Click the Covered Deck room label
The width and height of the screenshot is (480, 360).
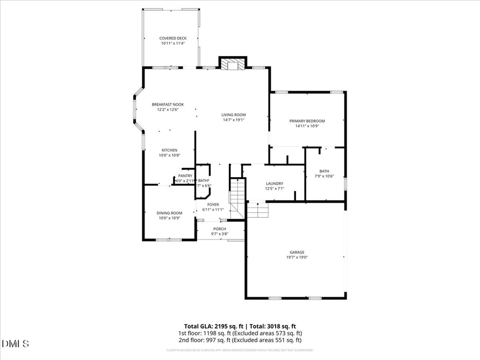tap(173, 38)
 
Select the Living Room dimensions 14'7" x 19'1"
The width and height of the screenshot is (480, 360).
tap(234, 120)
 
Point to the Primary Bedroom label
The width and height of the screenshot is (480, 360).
tap(307, 121)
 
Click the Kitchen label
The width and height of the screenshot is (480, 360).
tap(170, 150)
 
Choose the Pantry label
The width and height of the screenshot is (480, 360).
tap(185, 175)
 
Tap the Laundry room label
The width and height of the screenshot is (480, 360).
tap(275, 183)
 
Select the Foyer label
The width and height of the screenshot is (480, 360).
tap(213, 204)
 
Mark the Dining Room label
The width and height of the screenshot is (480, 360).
tap(170, 213)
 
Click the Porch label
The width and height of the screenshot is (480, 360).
tap(220, 229)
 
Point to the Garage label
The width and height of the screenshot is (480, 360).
tap(297, 252)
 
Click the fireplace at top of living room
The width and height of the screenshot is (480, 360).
tap(232, 65)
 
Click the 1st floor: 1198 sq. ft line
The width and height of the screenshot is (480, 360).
tap(239, 333)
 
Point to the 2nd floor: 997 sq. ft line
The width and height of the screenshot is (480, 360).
tap(239, 340)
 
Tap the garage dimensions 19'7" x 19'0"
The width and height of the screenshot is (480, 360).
tap(297, 257)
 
